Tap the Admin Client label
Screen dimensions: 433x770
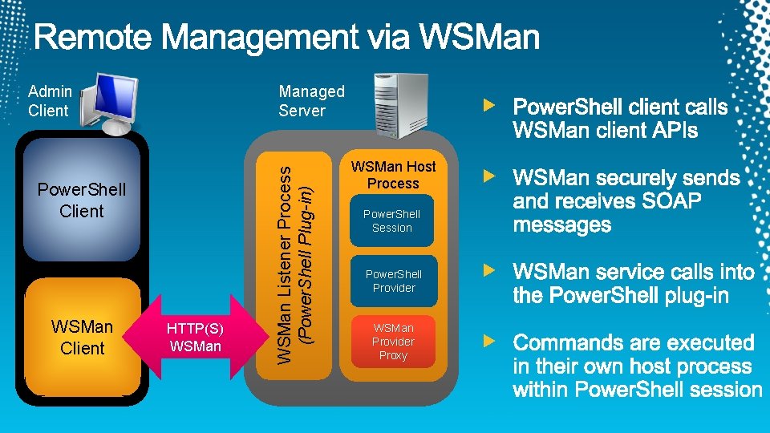click(x=49, y=102)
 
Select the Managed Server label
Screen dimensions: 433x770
click(x=311, y=102)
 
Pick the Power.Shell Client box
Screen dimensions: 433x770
click(x=82, y=200)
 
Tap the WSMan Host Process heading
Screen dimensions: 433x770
click(x=393, y=175)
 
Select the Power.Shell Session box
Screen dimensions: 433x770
click(x=392, y=221)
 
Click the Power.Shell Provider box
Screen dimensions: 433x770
click(x=393, y=281)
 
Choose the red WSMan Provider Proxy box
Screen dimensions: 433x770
click(x=393, y=342)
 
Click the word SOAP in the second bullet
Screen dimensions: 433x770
click(x=672, y=201)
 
